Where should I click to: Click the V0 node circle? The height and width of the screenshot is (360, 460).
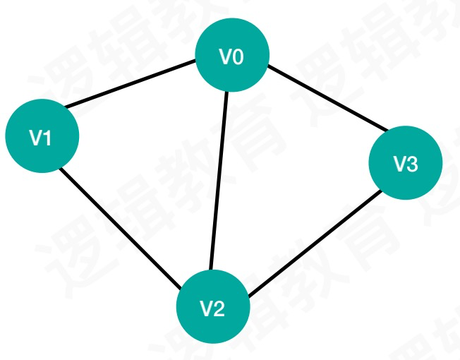pos(232,55)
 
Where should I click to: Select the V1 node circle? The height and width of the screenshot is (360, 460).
pos(41,136)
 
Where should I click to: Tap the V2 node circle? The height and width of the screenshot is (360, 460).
pos(212,308)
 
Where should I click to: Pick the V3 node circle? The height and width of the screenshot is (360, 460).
pos(406,164)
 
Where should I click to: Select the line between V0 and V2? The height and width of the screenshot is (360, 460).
pos(217,180)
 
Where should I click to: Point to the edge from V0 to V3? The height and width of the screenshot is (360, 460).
pos(326,99)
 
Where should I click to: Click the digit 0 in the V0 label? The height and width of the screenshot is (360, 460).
pos(238,56)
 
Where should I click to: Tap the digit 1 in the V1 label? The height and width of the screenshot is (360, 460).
pos(47,137)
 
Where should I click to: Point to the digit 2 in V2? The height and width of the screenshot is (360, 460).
pos(219,308)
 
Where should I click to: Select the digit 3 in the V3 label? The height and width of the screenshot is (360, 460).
pos(412,164)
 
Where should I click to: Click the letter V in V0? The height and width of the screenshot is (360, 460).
pos(226,56)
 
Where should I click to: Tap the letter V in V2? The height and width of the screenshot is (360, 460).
pos(206,308)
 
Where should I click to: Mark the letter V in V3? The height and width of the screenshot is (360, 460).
pos(399,164)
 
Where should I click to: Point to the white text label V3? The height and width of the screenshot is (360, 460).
pos(406,164)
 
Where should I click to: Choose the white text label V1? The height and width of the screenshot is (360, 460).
pos(41,137)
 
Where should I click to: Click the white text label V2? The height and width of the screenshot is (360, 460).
pos(212,308)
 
